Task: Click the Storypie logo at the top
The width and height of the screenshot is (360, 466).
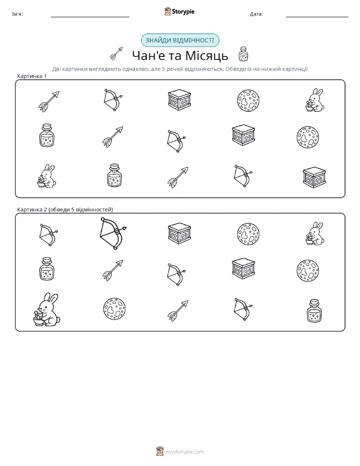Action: pyautogui.click(x=179, y=12)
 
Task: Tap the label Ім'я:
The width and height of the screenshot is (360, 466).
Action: pyautogui.click(x=17, y=14)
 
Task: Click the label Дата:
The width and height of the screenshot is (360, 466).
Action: pyautogui.click(x=256, y=14)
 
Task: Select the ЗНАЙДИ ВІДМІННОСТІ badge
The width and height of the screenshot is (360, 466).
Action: pyautogui.click(x=180, y=41)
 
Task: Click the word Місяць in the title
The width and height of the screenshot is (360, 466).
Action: pyautogui.click(x=207, y=55)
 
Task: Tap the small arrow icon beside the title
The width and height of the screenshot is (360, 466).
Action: pyautogui.click(x=116, y=53)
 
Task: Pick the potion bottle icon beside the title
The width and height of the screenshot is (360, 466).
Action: pyautogui.click(x=243, y=54)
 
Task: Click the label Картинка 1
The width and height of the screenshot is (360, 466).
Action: pyautogui.click(x=32, y=76)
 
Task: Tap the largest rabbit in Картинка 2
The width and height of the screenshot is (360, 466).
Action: pyautogui.click(x=47, y=309)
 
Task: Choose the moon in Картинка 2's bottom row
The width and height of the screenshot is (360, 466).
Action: pyautogui.click(x=114, y=309)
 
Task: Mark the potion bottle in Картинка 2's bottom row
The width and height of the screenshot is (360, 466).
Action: pyautogui.click(x=314, y=311)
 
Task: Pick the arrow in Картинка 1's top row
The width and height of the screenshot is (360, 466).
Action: pyautogui.click(x=49, y=101)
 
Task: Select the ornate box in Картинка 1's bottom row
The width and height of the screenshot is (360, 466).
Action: pyautogui.click(x=314, y=177)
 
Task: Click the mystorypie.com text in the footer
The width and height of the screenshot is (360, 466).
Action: pyautogui.click(x=185, y=452)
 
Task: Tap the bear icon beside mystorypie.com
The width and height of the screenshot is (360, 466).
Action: pyautogui.click(x=160, y=451)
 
